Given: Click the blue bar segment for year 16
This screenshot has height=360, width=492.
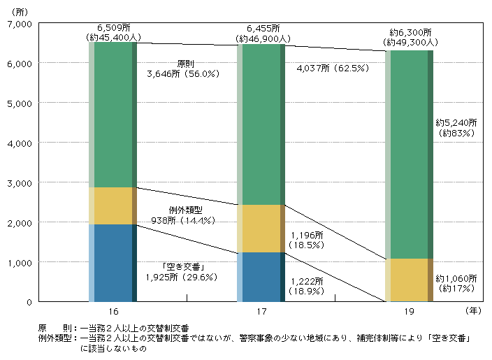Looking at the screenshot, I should [x=113, y=263].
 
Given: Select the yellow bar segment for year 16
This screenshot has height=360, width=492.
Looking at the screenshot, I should [x=113, y=206].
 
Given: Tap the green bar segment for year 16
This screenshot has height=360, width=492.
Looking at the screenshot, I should [x=113, y=115].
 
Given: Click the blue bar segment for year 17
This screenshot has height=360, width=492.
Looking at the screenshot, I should [x=261, y=277].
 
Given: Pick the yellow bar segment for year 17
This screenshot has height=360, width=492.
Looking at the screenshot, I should [x=261, y=229].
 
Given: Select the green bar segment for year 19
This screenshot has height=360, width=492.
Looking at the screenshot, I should [x=410, y=154].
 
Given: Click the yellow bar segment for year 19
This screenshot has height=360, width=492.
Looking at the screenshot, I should [x=410, y=280].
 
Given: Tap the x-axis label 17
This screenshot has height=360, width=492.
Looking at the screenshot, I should [x=261, y=310].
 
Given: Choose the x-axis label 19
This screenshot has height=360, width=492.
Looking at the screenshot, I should [x=410, y=310].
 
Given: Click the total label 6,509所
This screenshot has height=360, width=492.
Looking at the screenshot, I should [x=112, y=29].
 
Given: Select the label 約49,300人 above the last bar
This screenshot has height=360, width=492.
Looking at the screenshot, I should [x=410, y=43].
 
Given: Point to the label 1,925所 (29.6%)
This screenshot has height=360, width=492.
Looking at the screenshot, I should [x=182, y=277].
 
